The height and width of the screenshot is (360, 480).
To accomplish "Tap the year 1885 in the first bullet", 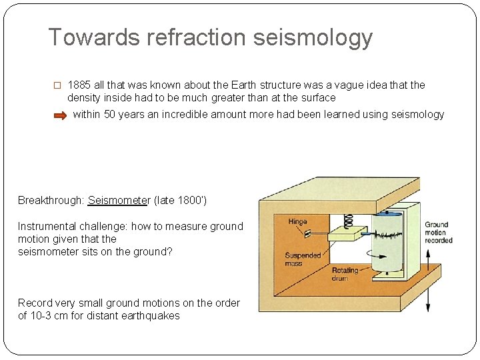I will point(79,85).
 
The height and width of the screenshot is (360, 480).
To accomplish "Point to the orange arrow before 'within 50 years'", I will point(60,115).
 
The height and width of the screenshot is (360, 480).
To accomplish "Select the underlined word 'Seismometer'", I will point(119,200).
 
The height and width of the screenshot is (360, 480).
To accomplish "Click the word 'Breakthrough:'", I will point(51,200).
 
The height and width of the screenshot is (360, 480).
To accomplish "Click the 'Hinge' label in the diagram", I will point(297,221).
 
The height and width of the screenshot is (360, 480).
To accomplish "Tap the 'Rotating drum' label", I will point(345,275).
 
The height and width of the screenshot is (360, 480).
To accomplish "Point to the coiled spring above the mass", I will point(347,219).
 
